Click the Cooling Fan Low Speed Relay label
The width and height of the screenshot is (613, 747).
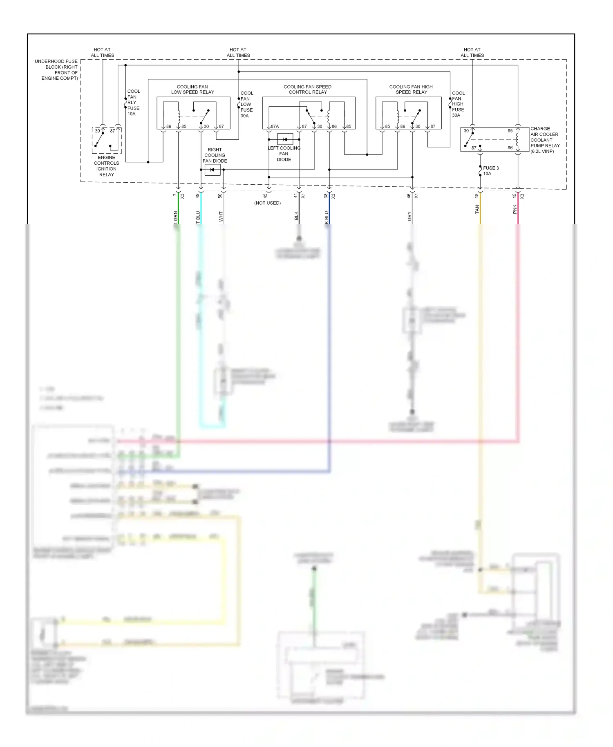(192, 89)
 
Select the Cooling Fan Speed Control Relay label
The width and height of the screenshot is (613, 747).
(307, 89)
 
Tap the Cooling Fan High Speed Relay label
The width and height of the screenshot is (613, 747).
(411, 89)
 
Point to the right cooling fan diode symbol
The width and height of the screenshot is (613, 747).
(212, 170)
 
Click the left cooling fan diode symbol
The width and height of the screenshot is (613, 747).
(285, 139)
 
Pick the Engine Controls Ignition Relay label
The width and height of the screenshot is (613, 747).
(106, 166)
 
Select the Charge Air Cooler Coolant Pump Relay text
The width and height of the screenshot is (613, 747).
(545, 140)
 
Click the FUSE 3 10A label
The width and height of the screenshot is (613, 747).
(490, 171)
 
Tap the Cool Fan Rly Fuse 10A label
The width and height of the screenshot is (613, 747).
(133, 103)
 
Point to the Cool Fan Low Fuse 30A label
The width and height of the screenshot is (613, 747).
(246, 105)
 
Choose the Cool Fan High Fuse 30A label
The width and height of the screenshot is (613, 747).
(458, 104)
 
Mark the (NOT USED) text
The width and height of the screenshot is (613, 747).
(267, 203)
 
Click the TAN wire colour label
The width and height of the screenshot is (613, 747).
(477, 210)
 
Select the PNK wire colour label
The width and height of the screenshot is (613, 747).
(515, 209)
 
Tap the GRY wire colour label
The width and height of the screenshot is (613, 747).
(409, 217)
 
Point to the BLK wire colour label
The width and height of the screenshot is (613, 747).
(296, 216)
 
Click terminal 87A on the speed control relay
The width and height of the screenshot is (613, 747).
(275, 127)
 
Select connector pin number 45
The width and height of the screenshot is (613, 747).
(265, 196)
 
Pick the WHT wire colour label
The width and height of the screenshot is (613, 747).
(221, 217)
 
